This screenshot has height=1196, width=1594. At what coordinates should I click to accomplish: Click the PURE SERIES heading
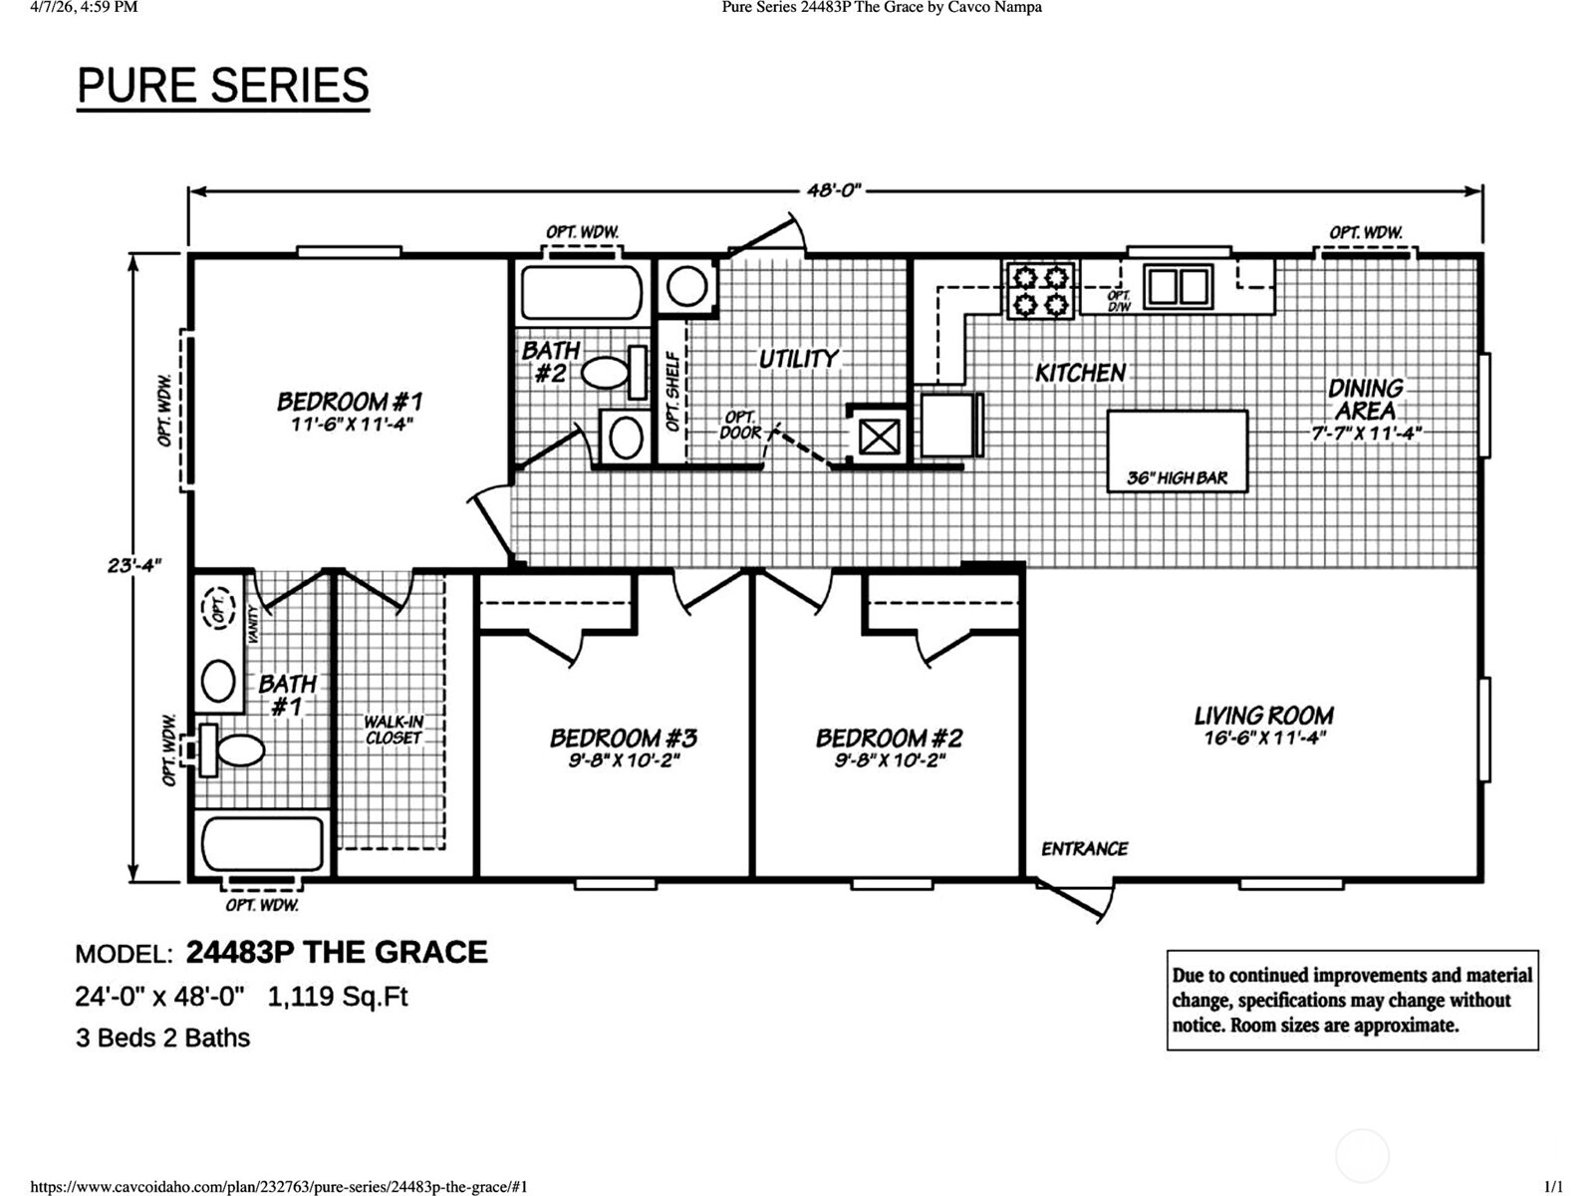pos(223,86)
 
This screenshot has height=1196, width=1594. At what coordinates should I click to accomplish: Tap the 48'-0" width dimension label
pos(833,190)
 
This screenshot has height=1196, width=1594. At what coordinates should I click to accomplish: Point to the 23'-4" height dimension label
pos(134,565)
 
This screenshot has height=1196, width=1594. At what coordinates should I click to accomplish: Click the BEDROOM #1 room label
pos(350,402)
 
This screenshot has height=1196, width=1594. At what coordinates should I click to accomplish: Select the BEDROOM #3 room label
pos(624,739)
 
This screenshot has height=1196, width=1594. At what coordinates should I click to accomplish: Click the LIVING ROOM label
pos(1263,716)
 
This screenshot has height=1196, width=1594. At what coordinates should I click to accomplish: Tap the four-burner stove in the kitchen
pos(1040,290)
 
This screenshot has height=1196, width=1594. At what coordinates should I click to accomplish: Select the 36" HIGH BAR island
pos(1178,450)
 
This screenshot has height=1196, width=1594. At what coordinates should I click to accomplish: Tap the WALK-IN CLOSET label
pos(393,730)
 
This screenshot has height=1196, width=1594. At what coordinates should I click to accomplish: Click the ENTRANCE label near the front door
pos(1084,849)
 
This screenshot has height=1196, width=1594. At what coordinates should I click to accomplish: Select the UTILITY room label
pos(798,359)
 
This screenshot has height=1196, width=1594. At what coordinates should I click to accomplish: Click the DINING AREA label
pos(1365,400)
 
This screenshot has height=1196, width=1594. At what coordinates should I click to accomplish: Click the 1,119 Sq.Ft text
pos(338,997)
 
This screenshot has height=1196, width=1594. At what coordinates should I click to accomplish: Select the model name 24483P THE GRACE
pos(337,953)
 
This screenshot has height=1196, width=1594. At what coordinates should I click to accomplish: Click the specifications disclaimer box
pos(1352,1000)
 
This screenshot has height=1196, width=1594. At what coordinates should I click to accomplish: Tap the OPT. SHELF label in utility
pos(672,391)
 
